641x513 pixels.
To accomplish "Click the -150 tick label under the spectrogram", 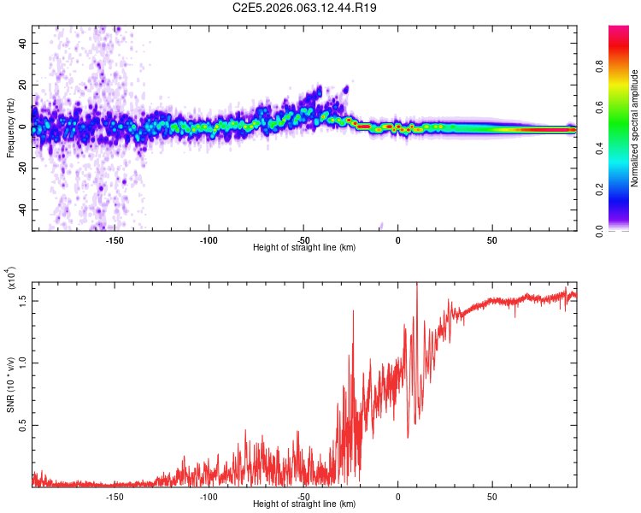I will point(115,239).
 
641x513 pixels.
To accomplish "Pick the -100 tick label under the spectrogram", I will point(209,239).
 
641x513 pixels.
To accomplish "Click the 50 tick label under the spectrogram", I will point(492,239).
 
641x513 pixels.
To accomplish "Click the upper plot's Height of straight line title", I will point(304,248).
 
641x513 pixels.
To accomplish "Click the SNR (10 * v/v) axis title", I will point(10,384).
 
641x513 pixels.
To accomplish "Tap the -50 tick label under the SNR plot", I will point(303,496).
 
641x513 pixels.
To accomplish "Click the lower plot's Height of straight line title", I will point(304,504).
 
